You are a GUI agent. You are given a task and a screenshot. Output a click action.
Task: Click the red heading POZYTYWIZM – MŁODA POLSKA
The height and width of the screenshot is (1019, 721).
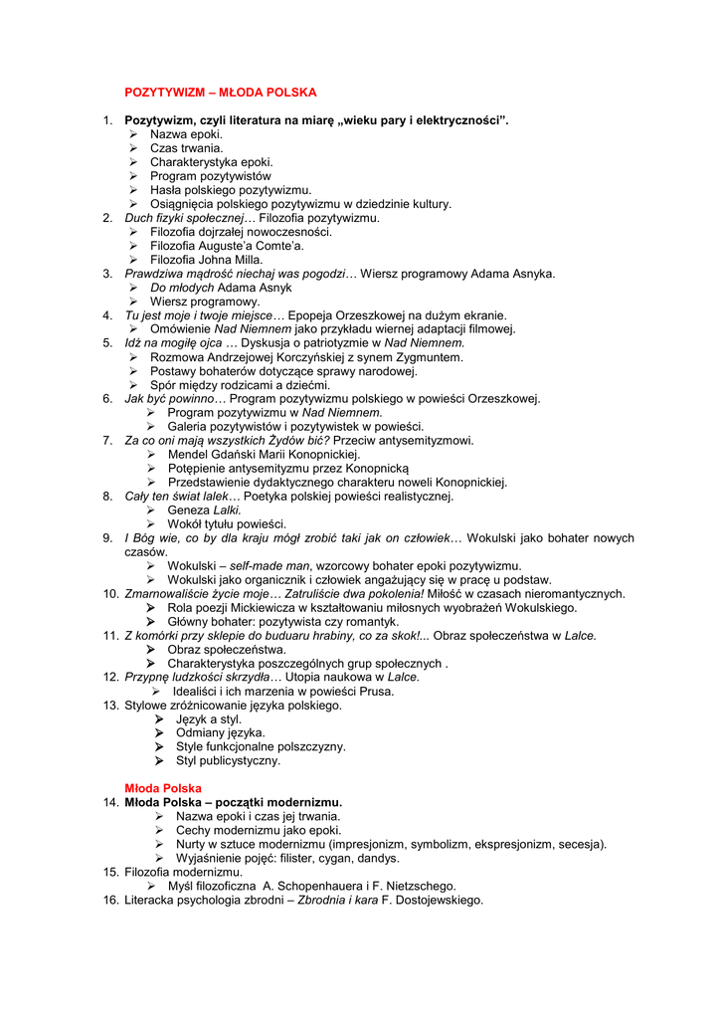(x=220, y=93)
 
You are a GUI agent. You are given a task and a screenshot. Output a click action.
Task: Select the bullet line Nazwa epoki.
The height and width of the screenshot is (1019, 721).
(x=186, y=134)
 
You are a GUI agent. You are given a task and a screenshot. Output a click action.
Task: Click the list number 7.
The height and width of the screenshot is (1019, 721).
(x=107, y=441)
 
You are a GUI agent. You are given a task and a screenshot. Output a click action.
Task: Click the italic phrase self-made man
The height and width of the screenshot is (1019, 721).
(x=263, y=566)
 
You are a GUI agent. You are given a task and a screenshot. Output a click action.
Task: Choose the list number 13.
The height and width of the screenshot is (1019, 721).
(x=110, y=706)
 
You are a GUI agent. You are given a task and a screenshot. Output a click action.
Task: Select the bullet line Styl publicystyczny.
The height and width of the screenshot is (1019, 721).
(x=228, y=761)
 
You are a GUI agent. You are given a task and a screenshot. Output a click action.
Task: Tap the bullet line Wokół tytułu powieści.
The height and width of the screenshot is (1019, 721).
(x=226, y=524)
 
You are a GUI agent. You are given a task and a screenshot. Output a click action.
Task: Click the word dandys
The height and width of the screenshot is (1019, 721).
(x=378, y=859)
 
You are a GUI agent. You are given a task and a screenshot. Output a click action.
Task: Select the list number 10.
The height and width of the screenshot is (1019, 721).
(x=110, y=594)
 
